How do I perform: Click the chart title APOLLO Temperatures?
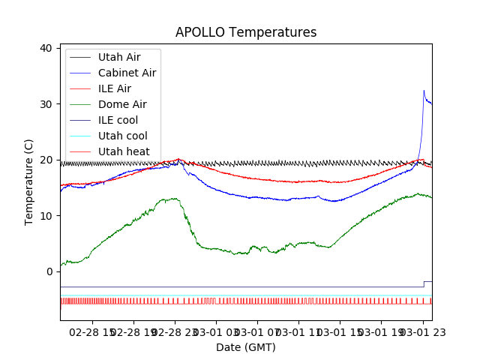(x=246, y=32)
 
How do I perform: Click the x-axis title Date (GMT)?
(x=246, y=347)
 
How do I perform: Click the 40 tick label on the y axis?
(x=46, y=48)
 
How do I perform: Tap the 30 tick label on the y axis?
(x=46, y=104)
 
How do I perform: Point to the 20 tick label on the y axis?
(x=46, y=160)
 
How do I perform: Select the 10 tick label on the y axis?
(x=46, y=216)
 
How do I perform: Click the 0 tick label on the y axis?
(x=49, y=271)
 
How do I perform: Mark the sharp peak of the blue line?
(x=424, y=91)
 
